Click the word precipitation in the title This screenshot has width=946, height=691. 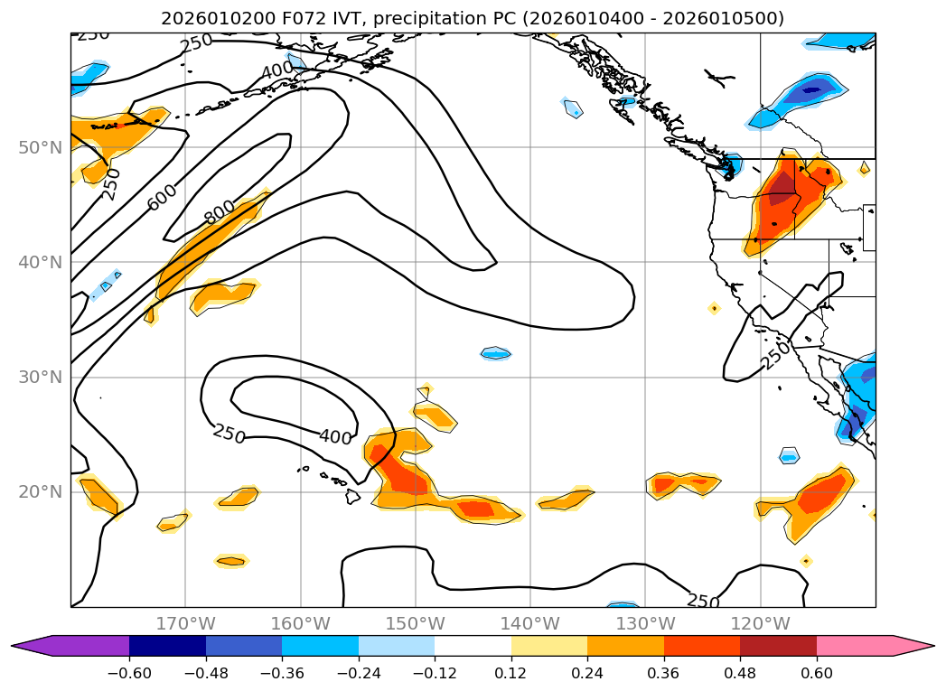coord(426,19)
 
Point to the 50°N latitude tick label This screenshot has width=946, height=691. coord(40,147)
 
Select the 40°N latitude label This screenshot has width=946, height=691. coord(40,263)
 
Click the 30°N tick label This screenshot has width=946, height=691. coord(40,378)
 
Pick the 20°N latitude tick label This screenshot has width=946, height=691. coord(40,492)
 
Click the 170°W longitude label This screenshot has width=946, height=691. coord(185,624)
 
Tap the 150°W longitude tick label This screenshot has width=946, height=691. coord(416,624)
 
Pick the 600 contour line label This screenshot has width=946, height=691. coord(163,198)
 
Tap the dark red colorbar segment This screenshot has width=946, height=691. coord(778,646)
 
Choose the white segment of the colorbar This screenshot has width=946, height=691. coord(473,646)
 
